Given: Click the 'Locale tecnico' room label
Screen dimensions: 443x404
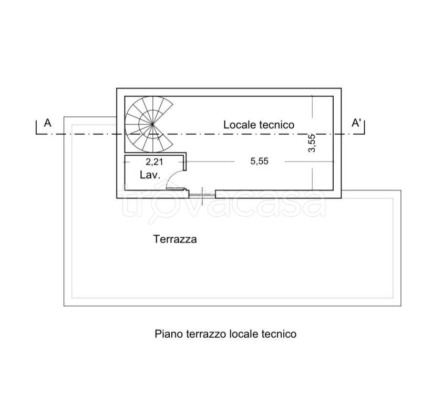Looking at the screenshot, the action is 259,125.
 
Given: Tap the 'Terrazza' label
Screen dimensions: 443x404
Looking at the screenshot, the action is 175,239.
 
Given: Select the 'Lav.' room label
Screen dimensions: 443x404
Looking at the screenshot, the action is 150,175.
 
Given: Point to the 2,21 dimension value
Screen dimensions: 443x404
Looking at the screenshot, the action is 154,162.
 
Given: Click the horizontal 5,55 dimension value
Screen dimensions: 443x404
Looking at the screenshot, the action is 260,161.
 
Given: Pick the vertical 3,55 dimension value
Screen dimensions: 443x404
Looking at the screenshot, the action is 312,143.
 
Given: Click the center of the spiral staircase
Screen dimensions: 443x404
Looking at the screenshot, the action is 152,124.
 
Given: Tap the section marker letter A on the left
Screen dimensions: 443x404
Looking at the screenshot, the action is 47,123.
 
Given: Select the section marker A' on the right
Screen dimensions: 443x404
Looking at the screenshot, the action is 356,123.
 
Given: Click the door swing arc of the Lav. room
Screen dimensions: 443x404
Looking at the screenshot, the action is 170,177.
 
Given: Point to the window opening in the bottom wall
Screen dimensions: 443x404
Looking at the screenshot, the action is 202,194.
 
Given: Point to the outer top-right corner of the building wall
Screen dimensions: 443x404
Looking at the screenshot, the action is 341,88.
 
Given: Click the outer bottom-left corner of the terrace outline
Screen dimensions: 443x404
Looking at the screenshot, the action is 64,306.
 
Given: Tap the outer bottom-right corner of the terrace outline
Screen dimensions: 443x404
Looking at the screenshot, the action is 401,306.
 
